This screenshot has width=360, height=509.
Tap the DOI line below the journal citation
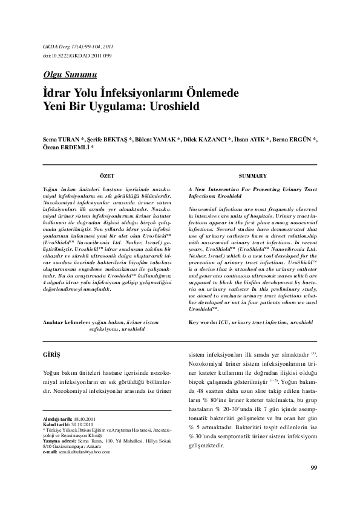[x=70, y=56]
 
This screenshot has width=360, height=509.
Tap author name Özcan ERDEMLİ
[x=63, y=147]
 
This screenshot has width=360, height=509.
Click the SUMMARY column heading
[x=252, y=175]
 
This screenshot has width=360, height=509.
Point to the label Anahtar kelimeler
[x=64, y=323]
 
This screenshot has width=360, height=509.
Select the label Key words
[x=203, y=323]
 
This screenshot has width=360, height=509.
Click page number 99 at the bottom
[x=313, y=485]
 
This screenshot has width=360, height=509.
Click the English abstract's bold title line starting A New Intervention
[x=252, y=189]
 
